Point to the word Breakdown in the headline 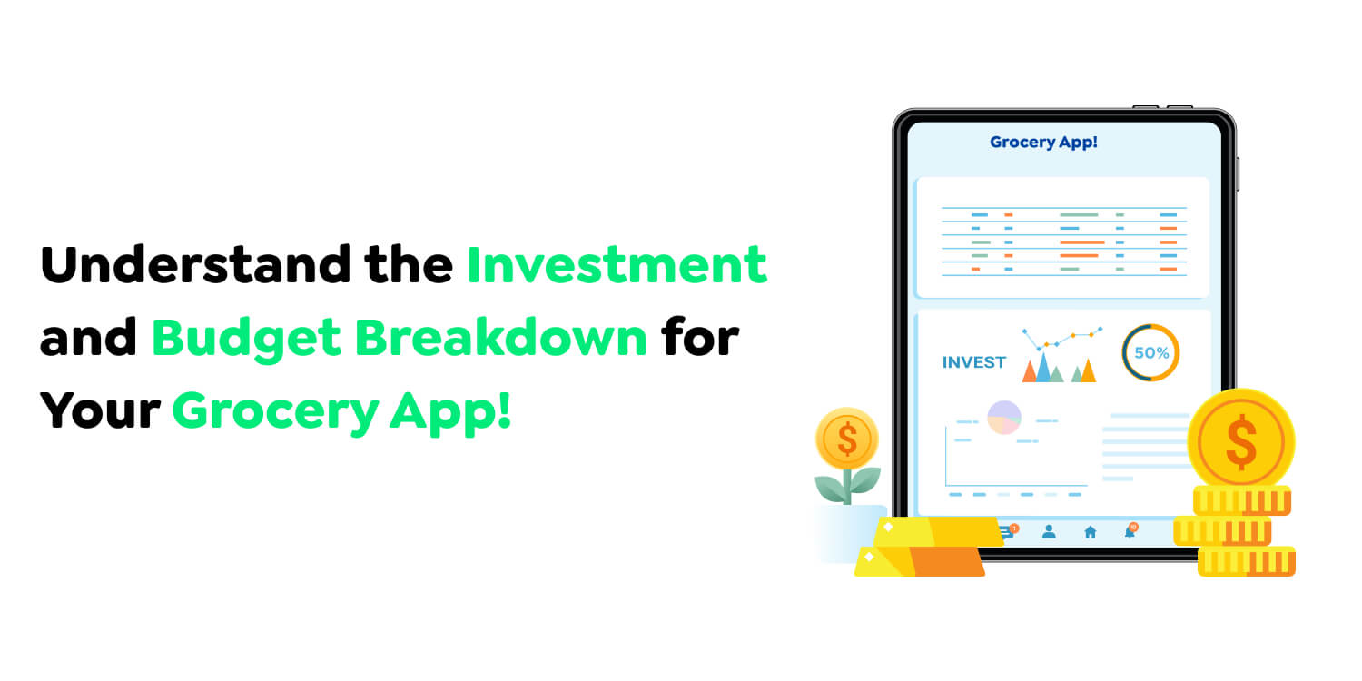click(x=501, y=337)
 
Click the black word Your click(x=100, y=410)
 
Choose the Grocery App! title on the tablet click(x=1043, y=143)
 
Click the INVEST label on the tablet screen click(x=974, y=362)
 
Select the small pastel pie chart click(x=1004, y=417)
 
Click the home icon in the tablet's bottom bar click(x=1091, y=532)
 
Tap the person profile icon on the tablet click(x=1049, y=531)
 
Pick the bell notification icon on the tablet click(x=1130, y=531)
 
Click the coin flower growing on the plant click(x=847, y=439)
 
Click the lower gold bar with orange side click(x=919, y=560)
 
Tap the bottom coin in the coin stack click(x=1247, y=561)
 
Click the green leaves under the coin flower click(x=847, y=485)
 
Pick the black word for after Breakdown click(x=700, y=337)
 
